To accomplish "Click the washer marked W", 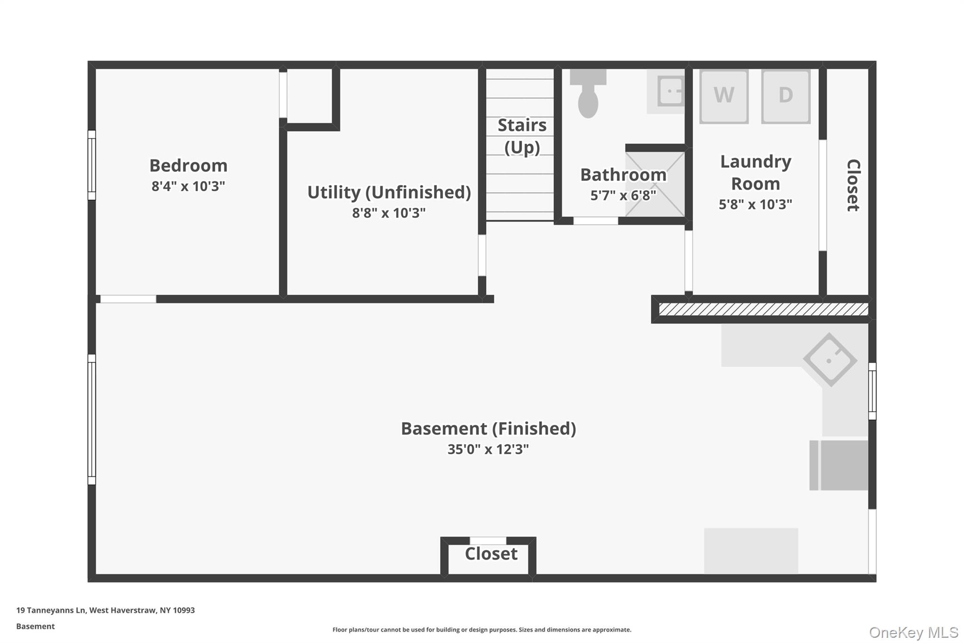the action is [723, 97].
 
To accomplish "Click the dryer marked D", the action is [786, 97].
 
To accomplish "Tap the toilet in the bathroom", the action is [588, 94].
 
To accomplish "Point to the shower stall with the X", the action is [655, 184].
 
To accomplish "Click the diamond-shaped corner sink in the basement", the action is [830, 360].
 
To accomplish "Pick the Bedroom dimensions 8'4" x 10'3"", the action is [188, 187].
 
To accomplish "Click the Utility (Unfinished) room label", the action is [389, 192].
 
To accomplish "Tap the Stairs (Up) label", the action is [522, 136].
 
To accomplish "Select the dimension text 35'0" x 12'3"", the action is [488, 449].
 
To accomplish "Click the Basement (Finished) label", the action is [488, 429].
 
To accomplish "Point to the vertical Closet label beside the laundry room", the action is [853, 185].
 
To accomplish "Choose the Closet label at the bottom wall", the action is [491, 554].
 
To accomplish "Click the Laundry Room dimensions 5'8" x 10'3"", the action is [755, 204].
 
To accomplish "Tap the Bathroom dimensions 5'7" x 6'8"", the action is [623, 195].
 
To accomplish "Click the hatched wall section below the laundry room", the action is [763, 309].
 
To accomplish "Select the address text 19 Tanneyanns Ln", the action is [51, 610].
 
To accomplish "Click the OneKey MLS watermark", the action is [914, 632].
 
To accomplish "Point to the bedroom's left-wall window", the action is [92, 165].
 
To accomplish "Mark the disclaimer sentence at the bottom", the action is [482, 630].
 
